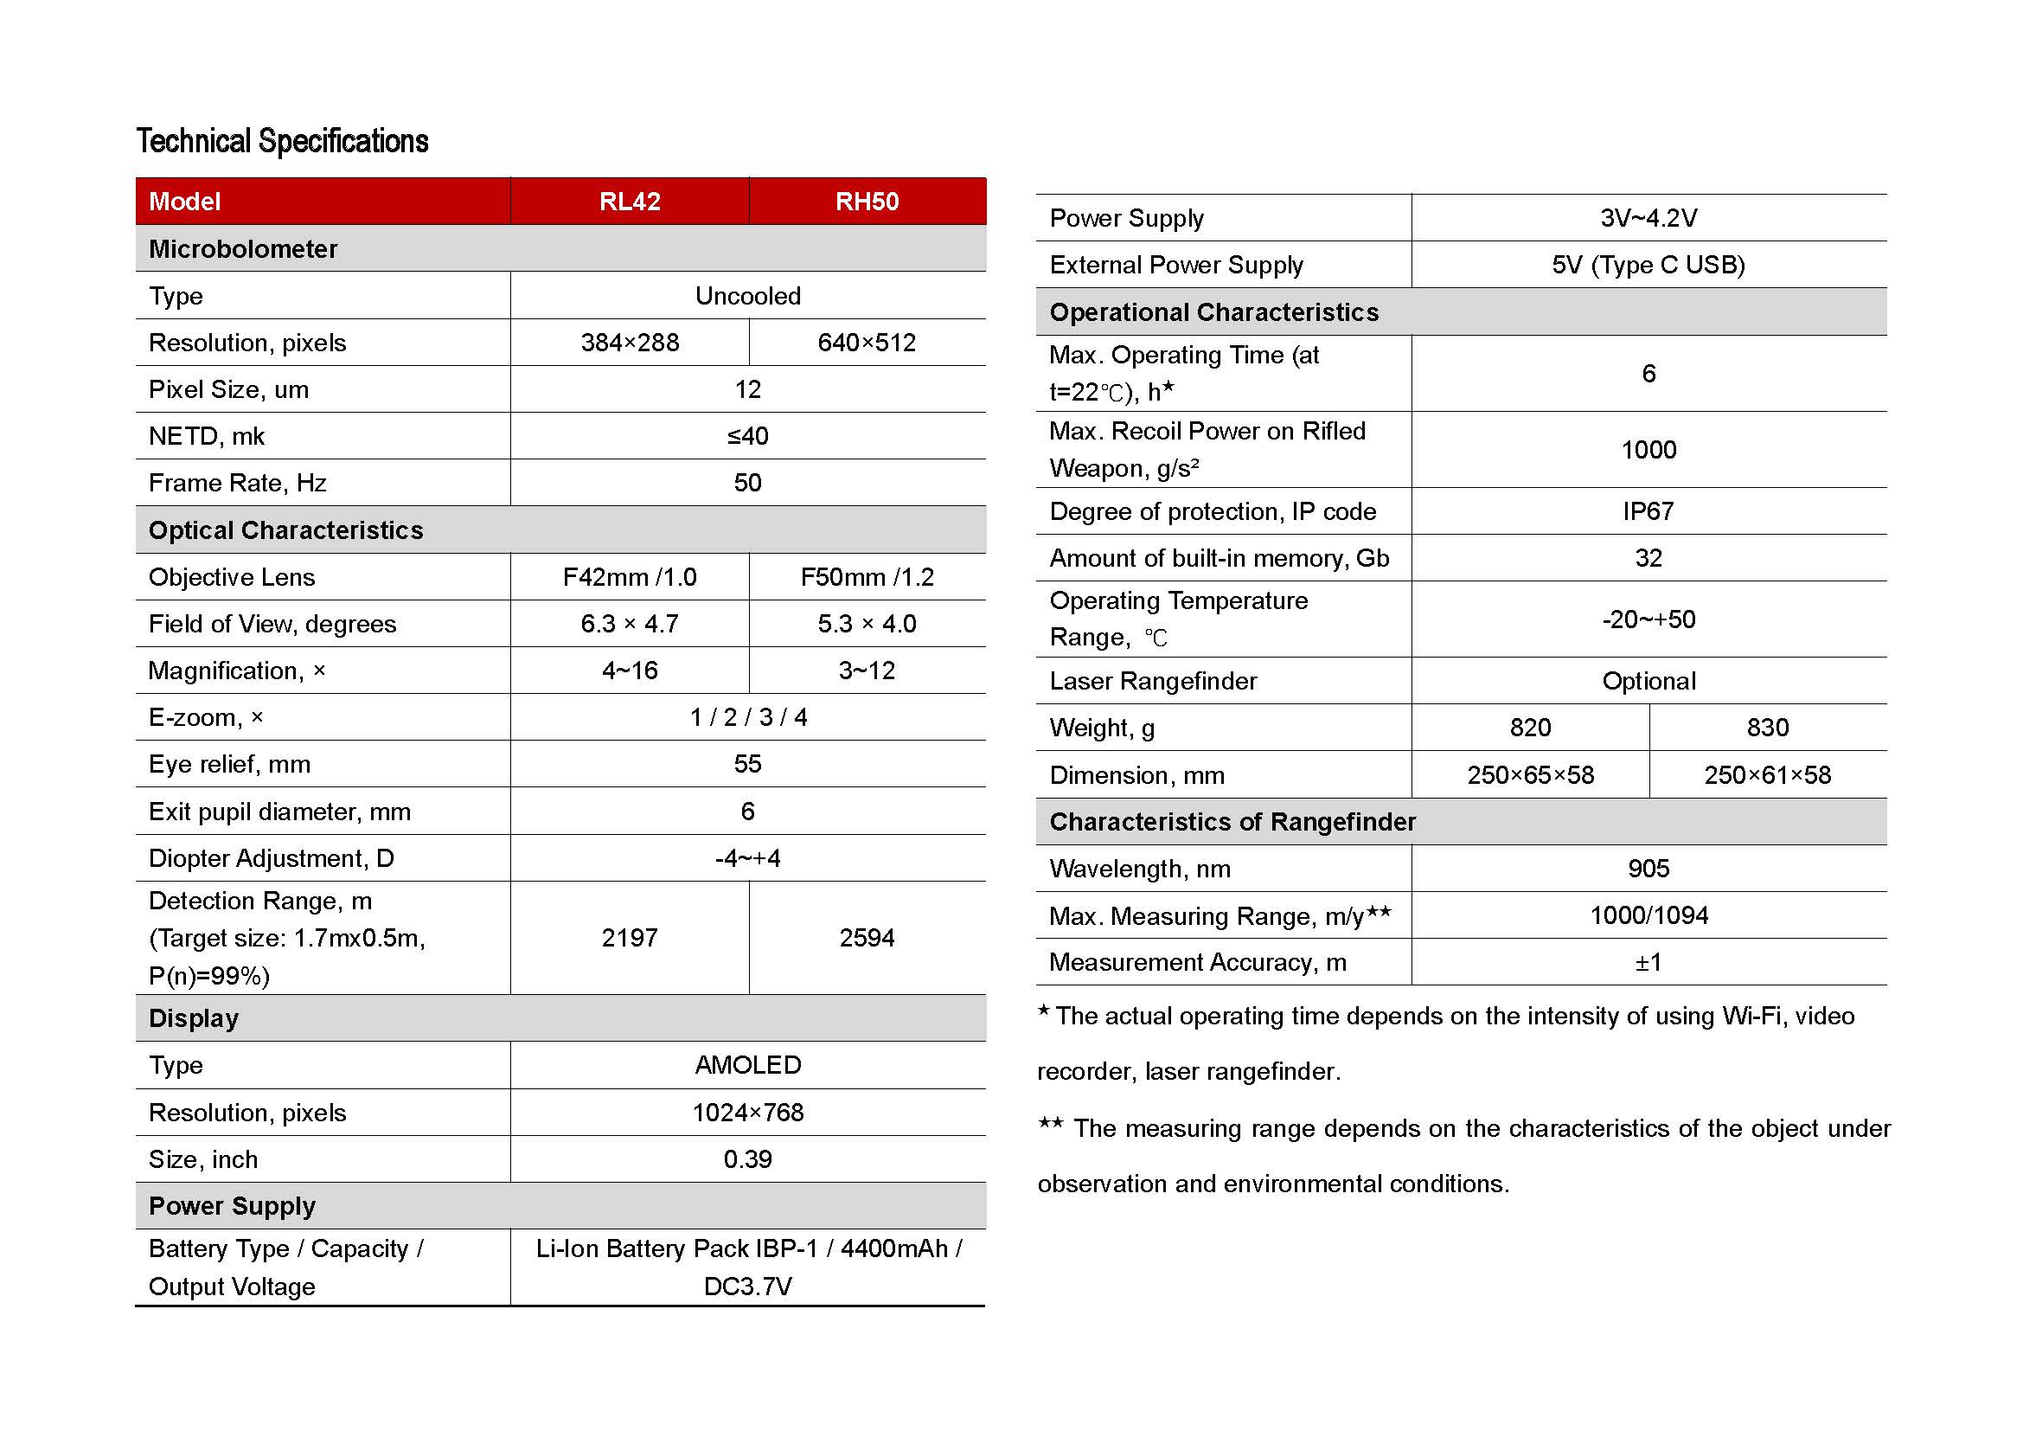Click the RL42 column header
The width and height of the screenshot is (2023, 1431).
[x=629, y=202]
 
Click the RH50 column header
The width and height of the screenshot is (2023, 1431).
[x=867, y=202]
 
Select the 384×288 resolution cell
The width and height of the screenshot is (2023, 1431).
[x=629, y=343]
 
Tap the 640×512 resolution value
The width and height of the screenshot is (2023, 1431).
[x=867, y=343]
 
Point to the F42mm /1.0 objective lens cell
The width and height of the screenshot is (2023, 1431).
[x=629, y=577]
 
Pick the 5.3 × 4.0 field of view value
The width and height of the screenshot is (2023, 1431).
[x=867, y=624]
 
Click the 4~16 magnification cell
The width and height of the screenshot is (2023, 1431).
[x=629, y=671]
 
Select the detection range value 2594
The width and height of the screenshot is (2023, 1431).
[x=867, y=938]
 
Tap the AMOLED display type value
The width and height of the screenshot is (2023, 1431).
[x=747, y=1065]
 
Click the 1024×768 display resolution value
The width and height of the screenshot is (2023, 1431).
[x=747, y=1113]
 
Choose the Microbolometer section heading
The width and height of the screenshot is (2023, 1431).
[x=243, y=249]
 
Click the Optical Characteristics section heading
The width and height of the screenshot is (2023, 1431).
[x=285, y=530]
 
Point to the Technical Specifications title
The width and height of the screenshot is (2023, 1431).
[x=282, y=141]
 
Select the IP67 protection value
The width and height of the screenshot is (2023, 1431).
[x=1648, y=511]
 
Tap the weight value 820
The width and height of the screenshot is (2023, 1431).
[x=1531, y=728]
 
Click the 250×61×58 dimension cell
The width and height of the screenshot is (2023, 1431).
[x=1768, y=775]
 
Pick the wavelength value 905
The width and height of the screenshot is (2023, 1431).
[x=1648, y=869]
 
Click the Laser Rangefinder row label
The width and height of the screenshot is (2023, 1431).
[x=1152, y=681]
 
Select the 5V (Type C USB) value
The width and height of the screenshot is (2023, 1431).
[x=1648, y=266]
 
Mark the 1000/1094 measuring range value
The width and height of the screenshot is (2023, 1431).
[x=1648, y=915]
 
